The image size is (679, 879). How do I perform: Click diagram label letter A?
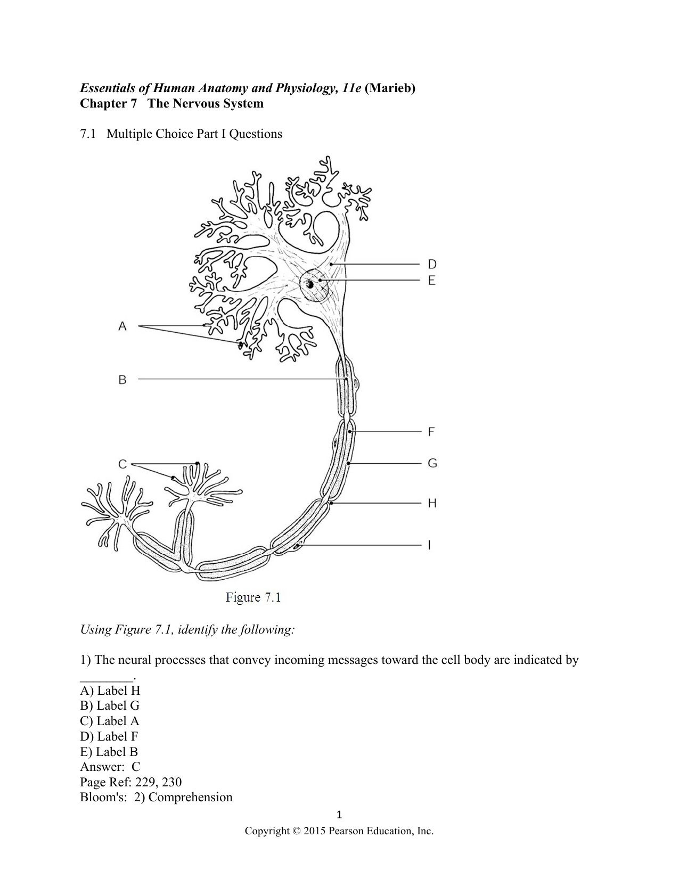tap(122, 326)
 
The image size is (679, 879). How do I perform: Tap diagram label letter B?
tap(122, 380)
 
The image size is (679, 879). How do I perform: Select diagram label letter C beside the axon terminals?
tap(122, 464)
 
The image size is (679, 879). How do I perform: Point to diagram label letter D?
tap(432, 264)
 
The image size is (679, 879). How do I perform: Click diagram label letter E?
tap(432, 280)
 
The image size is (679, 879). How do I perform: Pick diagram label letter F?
tap(431, 432)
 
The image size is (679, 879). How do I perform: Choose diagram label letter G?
tap(432, 463)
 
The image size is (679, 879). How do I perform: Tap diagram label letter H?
tap(432, 503)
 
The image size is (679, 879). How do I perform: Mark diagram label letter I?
tap(429, 545)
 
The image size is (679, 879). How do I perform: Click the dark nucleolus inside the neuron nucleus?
tap(309, 285)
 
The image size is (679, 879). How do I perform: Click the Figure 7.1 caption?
tap(253, 597)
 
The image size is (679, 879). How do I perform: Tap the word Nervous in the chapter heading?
tap(194, 103)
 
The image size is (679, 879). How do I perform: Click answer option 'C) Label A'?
tap(110, 721)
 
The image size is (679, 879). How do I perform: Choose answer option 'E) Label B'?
tap(109, 752)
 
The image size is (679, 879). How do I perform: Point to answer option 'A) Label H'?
tap(110, 691)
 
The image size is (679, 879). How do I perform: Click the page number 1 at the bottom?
tap(340, 815)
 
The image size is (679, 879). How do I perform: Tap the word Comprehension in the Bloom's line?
tap(191, 798)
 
